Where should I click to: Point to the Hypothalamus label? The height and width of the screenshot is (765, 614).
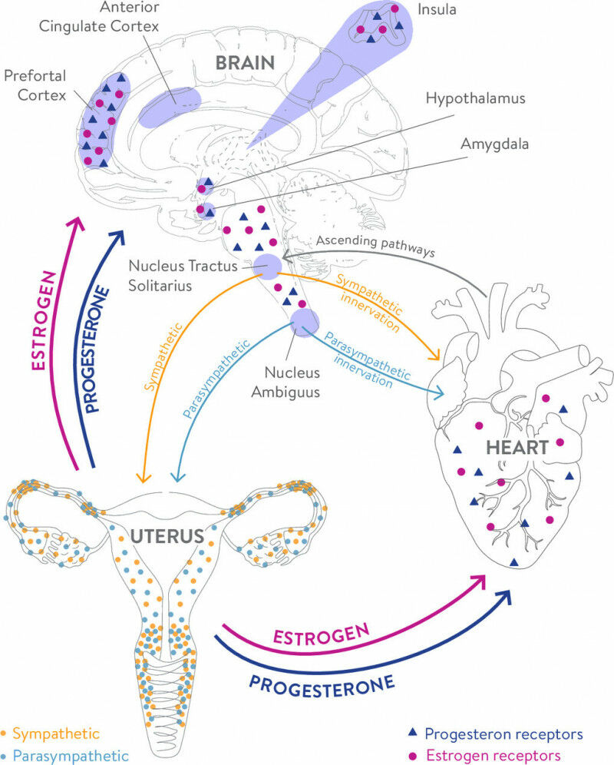[x=477, y=99]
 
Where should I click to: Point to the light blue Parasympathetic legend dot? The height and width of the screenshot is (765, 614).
[x=5, y=754]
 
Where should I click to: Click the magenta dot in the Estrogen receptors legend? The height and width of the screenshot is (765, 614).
[x=411, y=754]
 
